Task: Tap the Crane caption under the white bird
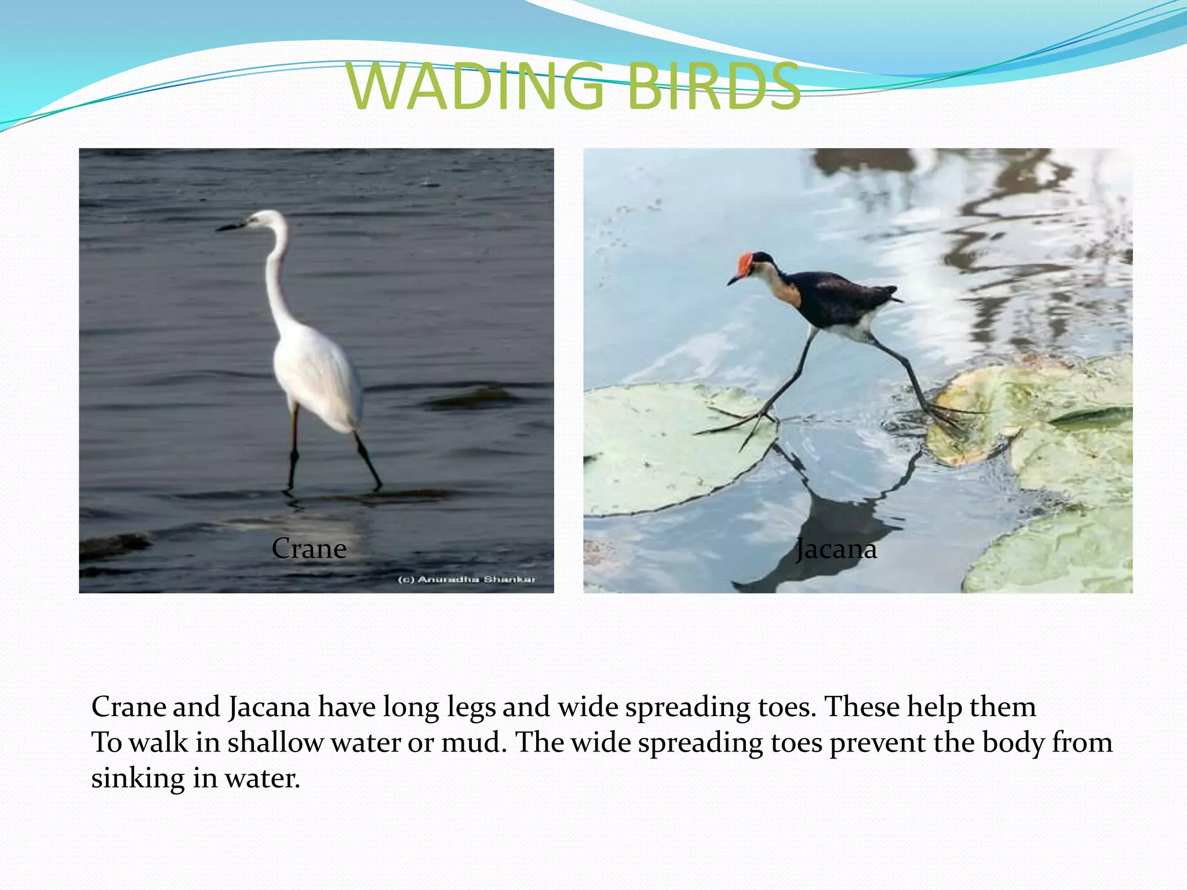click(309, 548)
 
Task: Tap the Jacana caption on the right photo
click(836, 549)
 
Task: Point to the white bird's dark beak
click(231, 227)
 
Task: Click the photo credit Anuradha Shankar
click(467, 579)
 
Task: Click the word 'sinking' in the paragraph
click(137, 778)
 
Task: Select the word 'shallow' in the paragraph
click(275, 743)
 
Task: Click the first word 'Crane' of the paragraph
click(127, 707)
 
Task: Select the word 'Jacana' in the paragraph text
click(270, 707)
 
